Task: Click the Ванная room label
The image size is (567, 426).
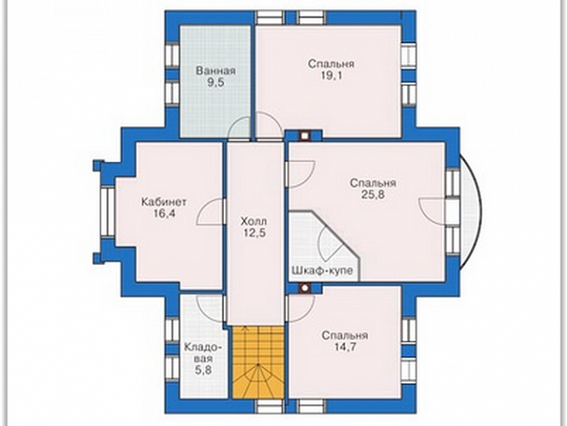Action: tap(216, 71)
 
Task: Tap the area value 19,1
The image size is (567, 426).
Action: tap(331, 76)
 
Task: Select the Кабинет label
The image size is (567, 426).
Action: tap(164, 201)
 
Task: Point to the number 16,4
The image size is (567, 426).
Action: tap(165, 213)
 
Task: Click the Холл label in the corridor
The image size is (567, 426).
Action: tap(254, 221)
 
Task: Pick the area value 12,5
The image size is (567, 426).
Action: tap(254, 233)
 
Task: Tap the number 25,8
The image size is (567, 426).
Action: tap(373, 195)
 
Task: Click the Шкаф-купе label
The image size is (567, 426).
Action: tap(322, 270)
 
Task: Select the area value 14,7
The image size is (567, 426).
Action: tap(345, 346)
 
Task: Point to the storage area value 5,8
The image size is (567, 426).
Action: tap(203, 371)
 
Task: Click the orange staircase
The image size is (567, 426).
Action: tap(258, 362)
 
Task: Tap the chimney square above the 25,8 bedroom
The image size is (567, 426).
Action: tap(306, 135)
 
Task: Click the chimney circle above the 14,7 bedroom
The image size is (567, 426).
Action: tap(306, 288)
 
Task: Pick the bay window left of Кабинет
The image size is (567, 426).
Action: tap(108, 210)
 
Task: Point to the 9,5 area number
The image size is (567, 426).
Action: tap(216, 82)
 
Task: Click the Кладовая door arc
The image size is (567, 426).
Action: tap(210, 302)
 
